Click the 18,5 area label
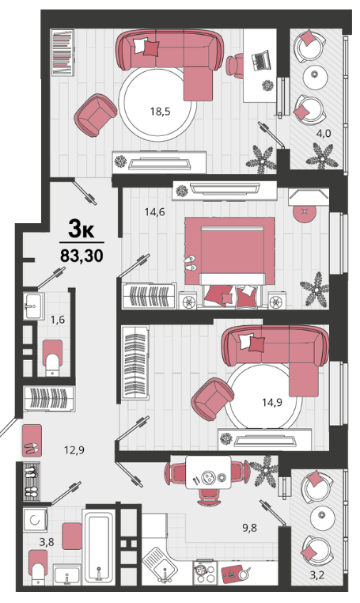160,112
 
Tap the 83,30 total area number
81,255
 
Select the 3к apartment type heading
81,229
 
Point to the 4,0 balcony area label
324,134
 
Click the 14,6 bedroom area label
154,211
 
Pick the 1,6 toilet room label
58,319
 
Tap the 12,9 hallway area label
74,449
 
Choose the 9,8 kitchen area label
249,528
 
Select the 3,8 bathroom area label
47,542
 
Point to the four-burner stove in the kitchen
205,573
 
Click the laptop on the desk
261,61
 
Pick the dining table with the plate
208,472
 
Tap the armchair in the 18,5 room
96,115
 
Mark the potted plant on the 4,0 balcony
321,156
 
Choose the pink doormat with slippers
32,440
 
